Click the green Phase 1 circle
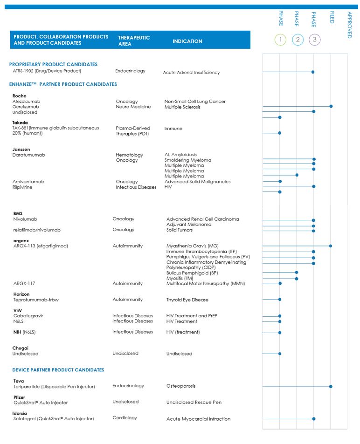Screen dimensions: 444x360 [x=280, y=40]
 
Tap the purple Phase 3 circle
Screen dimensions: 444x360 [x=314, y=40]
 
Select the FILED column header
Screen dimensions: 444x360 [x=332, y=18]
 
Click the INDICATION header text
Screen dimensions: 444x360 [x=187, y=41]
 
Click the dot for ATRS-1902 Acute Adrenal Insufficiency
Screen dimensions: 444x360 [x=313, y=72]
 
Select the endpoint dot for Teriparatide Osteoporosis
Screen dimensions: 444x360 [x=331, y=386]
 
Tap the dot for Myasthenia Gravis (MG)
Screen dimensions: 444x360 [x=331, y=246]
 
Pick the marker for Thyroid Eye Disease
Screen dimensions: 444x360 [x=280, y=300]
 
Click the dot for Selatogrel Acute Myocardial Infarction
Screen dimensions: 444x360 [x=313, y=419]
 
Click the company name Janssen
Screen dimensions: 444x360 [x=21, y=150]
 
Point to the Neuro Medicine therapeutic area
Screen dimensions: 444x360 [x=133, y=107]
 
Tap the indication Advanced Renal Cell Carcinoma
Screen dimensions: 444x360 [x=202, y=219]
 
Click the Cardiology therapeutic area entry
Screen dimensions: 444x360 [x=125, y=418]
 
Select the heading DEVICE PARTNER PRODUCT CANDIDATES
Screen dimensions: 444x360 [x=58, y=370]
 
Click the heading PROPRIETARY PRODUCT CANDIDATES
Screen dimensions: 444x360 [x=53, y=64]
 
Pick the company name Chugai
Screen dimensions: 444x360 [x=20, y=348]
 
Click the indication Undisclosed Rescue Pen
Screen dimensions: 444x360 [x=194, y=402]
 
